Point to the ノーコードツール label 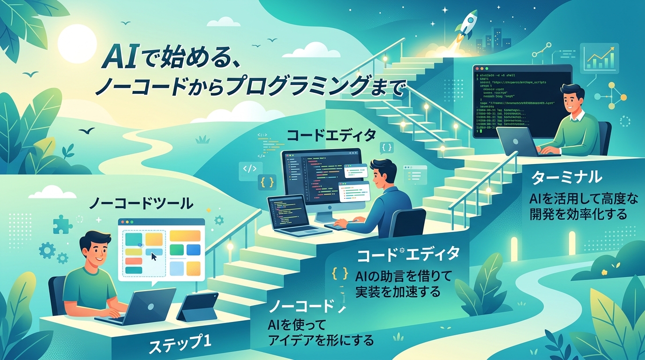click(x=141, y=203)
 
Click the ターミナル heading click(x=566, y=177)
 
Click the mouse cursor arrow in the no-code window click(x=154, y=257)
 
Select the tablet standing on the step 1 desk click(x=197, y=307)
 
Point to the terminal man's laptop click(x=518, y=141)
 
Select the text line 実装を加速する click(x=398, y=292)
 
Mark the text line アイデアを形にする click(x=321, y=340)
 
